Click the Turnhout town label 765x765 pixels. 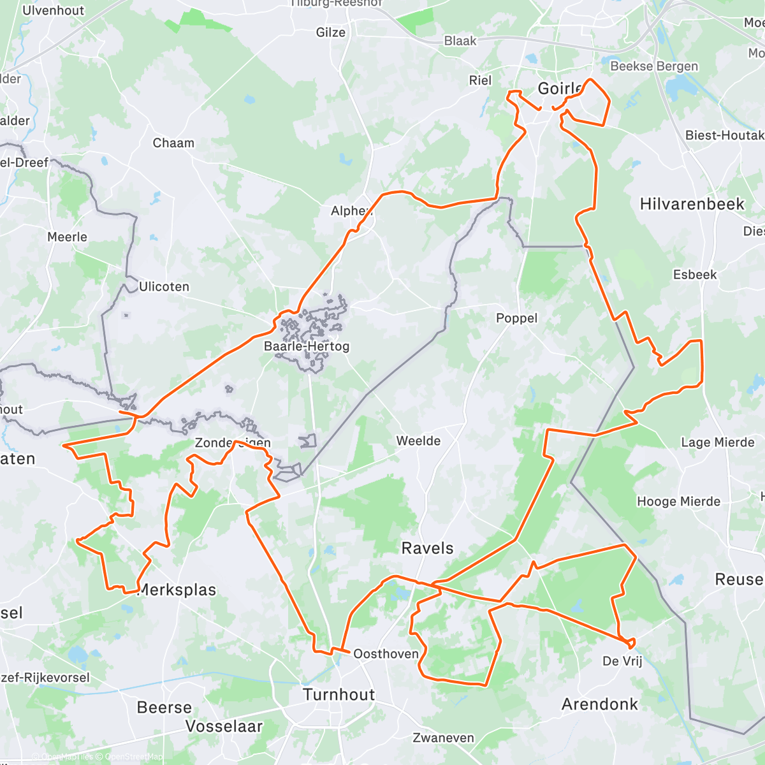click(x=339, y=694)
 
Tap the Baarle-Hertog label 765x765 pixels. click(x=307, y=346)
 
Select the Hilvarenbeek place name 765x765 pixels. click(x=692, y=204)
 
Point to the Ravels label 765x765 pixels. click(x=427, y=548)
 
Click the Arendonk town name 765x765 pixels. click(x=599, y=704)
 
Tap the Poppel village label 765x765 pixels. click(x=516, y=318)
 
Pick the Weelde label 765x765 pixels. click(x=418, y=441)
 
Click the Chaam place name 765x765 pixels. click(x=173, y=143)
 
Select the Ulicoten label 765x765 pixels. click(x=164, y=286)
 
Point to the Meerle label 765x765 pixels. click(x=67, y=237)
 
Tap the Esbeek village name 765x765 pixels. click(x=695, y=275)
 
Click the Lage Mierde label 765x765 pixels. click(x=718, y=442)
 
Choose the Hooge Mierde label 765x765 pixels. click(x=678, y=502)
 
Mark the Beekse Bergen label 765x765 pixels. click(x=654, y=66)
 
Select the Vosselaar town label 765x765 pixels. click(x=224, y=726)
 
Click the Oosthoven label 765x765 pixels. click(x=386, y=654)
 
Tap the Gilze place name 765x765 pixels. click(x=331, y=32)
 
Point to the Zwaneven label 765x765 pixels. click(x=443, y=738)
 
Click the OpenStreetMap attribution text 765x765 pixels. click(x=134, y=757)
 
